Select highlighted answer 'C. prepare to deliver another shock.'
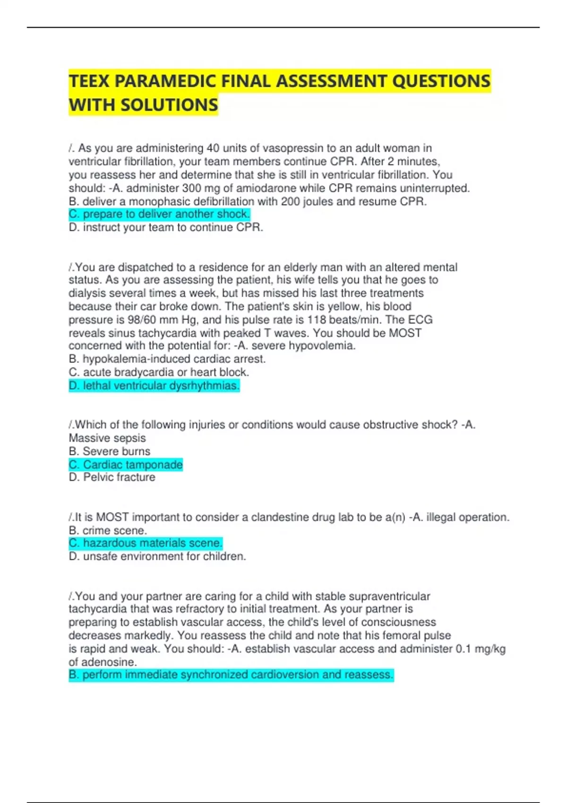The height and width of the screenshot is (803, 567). tap(159, 214)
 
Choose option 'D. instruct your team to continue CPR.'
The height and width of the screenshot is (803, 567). tap(166, 228)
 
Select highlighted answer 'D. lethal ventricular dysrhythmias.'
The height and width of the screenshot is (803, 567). tap(154, 386)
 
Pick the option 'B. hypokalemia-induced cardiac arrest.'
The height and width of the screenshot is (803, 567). tap(167, 359)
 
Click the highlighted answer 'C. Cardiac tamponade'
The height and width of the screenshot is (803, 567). tap(126, 465)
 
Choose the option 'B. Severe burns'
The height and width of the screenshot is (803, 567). tap(110, 452)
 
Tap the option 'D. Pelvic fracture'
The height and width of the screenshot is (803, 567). tap(112, 478)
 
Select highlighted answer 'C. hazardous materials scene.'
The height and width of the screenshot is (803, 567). tap(146, 543)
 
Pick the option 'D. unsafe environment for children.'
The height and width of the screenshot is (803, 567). tap(157, 557)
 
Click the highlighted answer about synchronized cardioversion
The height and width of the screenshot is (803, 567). tap(231, 675)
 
